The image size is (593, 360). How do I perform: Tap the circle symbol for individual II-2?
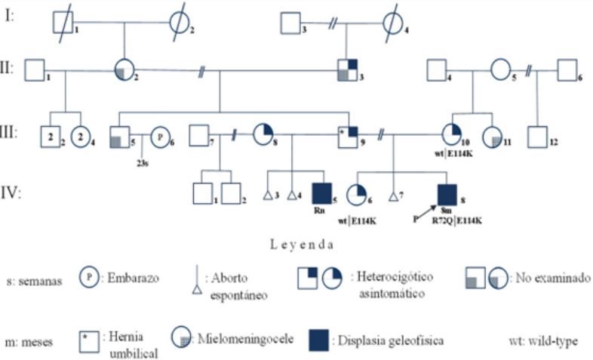point(124,70)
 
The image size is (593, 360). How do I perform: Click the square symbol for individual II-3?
point(347,70)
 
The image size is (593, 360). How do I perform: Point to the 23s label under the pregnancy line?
point(142,162)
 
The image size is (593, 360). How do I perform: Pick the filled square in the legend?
point(320,340)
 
